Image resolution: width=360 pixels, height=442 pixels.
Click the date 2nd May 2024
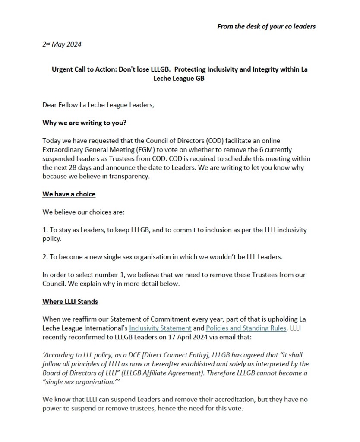pyautogui.click(x=62, y=44)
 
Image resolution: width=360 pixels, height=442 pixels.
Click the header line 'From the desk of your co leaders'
pyautogui.click(x=266, y=26)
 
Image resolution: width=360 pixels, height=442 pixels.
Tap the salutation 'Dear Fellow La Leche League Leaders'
pyautogui.click(x=98, y=105)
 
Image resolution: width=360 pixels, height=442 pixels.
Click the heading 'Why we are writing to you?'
pyautogui.click(x=84, y=123)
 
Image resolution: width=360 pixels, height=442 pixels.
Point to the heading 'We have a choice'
pyautogui.click(x=69, y=194)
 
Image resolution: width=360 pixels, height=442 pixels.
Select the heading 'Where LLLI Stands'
pyautogui.click(x=70, y=301)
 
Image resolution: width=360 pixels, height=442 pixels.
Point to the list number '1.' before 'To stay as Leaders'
pyautogui.click(x=45, y=230)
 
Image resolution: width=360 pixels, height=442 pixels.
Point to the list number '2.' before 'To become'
pyautogui.click(x=45, y=257)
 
